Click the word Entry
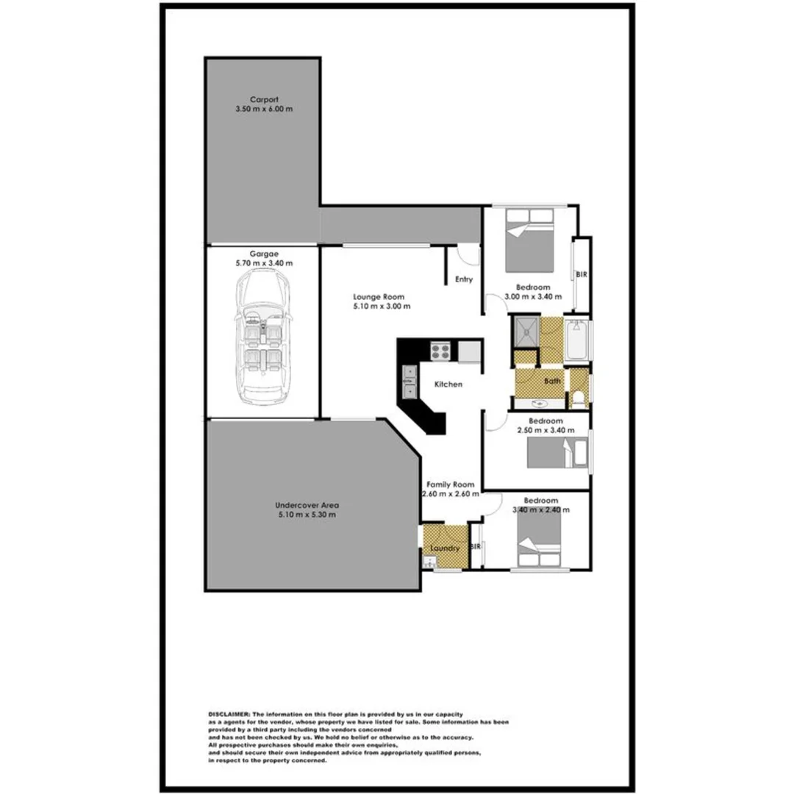coord(463,279)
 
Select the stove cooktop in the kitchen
coord(440,351)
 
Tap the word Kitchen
coord(448,384)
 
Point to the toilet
coord(579,398)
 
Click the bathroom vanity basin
coord(539,403)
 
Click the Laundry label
coord(445,548)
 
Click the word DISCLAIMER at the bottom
coord(229,714)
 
